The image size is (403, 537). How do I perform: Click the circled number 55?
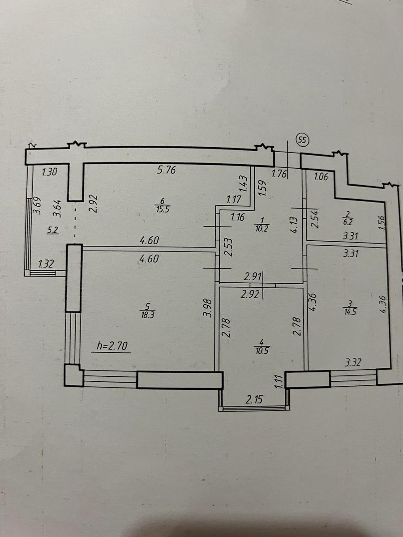click(303, 140)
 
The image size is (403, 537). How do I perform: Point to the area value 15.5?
click(163, 209)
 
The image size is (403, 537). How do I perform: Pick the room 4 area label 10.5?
click(262, 351)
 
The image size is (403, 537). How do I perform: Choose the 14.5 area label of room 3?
click(350, 312)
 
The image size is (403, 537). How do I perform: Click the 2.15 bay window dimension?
click(254, 400)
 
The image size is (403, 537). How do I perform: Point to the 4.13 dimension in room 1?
click(296, 225)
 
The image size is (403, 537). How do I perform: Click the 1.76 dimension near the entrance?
click(279, 174)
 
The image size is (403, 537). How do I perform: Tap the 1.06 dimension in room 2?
click(321, 177)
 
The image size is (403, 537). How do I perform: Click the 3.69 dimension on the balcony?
click(38, 206)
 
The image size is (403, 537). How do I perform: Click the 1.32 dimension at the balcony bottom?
click(46, 264)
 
